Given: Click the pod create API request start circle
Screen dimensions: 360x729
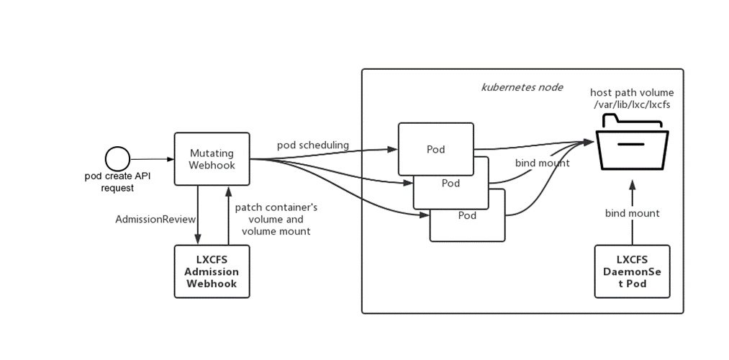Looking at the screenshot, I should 117,158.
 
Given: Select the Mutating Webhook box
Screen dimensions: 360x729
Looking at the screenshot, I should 212,159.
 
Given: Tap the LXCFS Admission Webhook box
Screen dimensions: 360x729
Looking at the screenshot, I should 212,271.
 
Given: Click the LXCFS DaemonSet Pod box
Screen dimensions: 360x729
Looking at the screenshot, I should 632,271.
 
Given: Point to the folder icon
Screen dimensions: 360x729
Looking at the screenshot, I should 632,147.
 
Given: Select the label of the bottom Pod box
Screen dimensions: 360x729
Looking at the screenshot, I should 468,215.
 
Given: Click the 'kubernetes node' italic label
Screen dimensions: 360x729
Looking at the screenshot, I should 522,87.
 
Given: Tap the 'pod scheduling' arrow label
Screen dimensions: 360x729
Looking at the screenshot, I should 313,145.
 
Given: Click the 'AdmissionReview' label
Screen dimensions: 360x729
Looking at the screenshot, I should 151,218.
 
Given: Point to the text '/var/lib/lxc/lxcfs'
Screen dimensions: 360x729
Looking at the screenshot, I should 633,106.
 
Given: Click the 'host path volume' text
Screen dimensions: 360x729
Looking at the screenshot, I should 632,93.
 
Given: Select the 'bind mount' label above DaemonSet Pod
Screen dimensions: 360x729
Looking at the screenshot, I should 632,213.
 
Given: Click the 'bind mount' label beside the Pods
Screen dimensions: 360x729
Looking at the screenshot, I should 542,163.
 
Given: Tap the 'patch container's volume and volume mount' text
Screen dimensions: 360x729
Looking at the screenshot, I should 276,219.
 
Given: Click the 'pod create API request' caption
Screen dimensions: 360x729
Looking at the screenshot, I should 117,181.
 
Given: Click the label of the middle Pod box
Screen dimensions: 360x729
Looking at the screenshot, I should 450,183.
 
